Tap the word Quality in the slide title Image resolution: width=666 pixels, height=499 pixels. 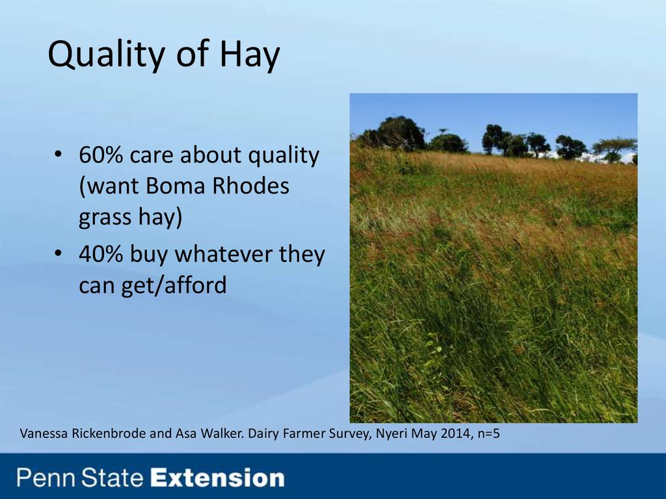pyautogui.click(x=107, y=55)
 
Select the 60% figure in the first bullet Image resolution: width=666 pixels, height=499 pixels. pyautogui.click(x=101, y=155)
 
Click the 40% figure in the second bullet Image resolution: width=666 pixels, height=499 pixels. pyautogui.click(x=101, y=254)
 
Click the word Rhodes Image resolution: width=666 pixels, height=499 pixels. pyautogui.click(x=250, y=186)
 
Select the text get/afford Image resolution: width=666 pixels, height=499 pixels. pyautogui.click(x=174, y=285)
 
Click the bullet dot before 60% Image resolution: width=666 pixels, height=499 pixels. pyautogui.click(x=58, y=154)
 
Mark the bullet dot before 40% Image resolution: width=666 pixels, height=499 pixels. pyautogui.click(x=58, y=253)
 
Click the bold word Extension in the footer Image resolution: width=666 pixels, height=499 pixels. pyautogui.click(x=218, y=478)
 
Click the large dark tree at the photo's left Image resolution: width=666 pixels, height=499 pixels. pyautogui.click(x=399, y=133)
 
